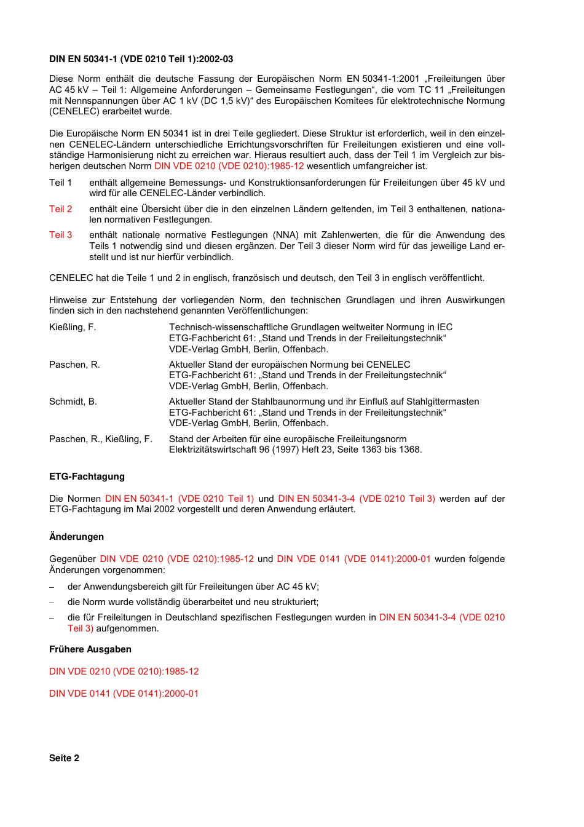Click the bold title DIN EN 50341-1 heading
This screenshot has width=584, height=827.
click(x=141, y=59)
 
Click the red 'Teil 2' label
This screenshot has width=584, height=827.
click(x=60, y=209)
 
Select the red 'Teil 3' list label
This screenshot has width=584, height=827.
click(x=60, y=235)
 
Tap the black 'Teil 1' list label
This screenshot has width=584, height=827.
click(x=60, y=183)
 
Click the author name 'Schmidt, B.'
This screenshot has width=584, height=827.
click(x=73, y=402)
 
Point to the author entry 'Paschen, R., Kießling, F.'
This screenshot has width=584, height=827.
click(x=101, y=439)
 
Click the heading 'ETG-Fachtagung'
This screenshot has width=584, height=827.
click(x=87, y=477)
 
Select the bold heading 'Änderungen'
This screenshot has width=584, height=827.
click(x=76, y=537)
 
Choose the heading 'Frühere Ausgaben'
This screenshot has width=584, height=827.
click(x=90, y=649)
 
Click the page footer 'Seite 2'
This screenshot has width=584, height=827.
click(x=64, y=758)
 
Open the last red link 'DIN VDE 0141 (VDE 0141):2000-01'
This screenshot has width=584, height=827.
click(x=124, y=694)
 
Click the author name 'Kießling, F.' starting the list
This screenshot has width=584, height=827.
click(x=73, y=327)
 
